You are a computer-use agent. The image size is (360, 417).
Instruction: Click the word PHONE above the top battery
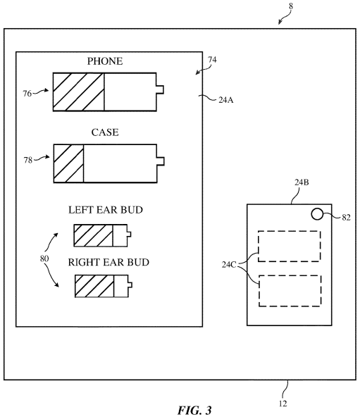click(x=105, y=61)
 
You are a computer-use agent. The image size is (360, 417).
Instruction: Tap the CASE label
click(x=105, y=132)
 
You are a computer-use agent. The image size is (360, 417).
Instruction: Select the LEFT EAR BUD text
click(x=106, y=210)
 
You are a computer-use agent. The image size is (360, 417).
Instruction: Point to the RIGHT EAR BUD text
click(x=108, y=262)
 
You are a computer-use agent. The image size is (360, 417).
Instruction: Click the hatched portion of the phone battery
click(x=78, y=92)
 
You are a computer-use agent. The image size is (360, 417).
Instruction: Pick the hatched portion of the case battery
click(x=68, y=163)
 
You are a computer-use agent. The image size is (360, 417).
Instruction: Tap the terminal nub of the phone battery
click(x=160, y=89)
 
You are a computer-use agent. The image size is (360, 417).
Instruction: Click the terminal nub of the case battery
click(x=161, y=161)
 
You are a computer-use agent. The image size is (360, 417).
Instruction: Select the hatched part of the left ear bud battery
click(x=94, y=236)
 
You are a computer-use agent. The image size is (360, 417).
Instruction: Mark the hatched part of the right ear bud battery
click(x=94, y=286)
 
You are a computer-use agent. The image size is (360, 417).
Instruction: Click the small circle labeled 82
click(x=317, y=214)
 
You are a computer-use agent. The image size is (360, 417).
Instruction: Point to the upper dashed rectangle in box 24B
click(x=290, y=247)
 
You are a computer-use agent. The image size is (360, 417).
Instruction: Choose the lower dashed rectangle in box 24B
click(x=290, y=291)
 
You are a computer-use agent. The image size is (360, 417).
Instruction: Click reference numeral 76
click(x=27, y=94)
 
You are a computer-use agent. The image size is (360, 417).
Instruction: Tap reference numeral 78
click(x=28, y=160)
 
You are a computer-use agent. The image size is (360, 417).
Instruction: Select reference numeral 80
click(x=44, y=259)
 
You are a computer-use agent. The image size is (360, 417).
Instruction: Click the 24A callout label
click(x=226, y=100)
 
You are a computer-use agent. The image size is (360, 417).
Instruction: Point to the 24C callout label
click(x=229, y=265)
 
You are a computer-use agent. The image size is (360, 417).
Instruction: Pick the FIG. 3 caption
click(x=194, y=410)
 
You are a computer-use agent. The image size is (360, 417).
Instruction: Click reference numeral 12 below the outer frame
click(x=283, y=404)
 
